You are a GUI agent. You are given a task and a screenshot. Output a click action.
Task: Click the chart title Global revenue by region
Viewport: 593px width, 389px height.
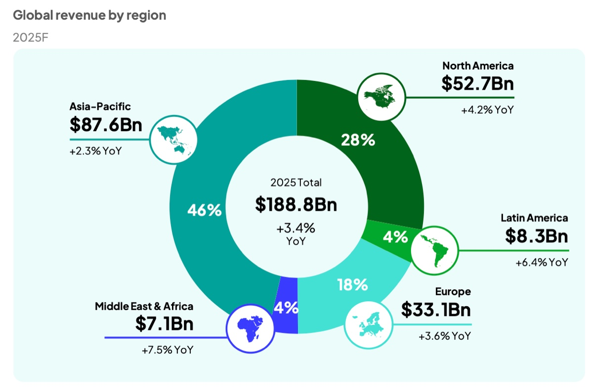click(x=89, y=15)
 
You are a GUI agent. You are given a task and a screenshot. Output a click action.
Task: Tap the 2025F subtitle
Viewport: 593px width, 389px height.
click(x=30, y=38)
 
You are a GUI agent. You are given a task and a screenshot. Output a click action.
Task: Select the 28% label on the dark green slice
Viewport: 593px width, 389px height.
click(x=358, y=140)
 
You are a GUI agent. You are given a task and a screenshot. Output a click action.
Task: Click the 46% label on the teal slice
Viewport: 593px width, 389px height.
click(x=204, y=210)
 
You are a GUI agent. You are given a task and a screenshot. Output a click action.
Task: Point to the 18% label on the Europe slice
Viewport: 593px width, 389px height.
click(x=352, y=284)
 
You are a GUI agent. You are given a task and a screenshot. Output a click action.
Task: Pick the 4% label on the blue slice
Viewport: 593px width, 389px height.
click(x=286, y=308)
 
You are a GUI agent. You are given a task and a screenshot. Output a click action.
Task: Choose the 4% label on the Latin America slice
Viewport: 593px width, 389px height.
click(x=395, y=237)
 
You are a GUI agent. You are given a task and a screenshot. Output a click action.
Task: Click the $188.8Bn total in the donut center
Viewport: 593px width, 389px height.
click(x=296, y=204)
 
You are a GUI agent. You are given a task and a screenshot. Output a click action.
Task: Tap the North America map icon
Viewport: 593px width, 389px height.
click(x=382, y=97)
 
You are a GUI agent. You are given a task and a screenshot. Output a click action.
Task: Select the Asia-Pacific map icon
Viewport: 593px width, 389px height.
click(x=173, y=139)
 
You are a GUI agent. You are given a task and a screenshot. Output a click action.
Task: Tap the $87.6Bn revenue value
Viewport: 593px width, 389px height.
click(x=106, y=125)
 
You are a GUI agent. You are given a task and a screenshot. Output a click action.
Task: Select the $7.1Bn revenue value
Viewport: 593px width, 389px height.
click(x=164, y=324)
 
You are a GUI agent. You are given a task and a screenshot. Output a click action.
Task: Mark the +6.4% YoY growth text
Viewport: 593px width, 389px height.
click(x=542, y=263)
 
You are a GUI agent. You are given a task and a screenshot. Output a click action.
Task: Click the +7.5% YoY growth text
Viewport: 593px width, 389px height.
click(x=168, y=350)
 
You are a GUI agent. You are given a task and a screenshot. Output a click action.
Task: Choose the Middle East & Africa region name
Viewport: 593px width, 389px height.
click(x=144, y=307)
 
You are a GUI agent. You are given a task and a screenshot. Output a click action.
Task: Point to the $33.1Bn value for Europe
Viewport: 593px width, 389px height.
click(x=435, y=310)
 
